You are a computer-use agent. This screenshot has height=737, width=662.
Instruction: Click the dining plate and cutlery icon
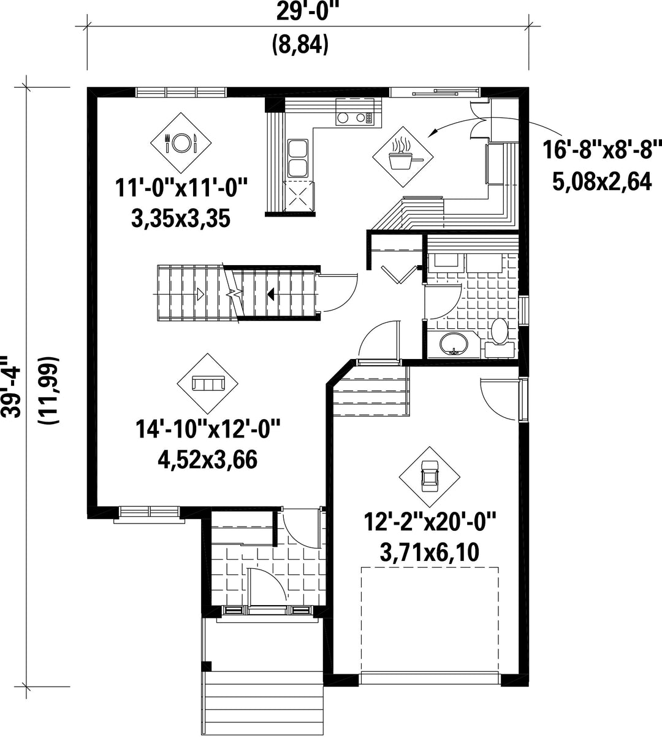point(181,142)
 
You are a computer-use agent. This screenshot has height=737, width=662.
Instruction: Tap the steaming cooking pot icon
point(403,153)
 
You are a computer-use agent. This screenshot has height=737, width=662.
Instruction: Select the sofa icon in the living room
point(207,383)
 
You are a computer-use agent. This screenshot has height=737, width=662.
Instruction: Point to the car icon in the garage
point(430,476)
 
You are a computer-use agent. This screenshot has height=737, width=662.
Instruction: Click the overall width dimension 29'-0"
point(307,13)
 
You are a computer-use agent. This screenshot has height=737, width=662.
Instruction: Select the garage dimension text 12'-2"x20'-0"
point(430,521)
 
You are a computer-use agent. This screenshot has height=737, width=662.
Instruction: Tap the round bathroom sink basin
point(454,345)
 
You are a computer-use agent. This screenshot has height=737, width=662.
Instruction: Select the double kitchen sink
point(298,158)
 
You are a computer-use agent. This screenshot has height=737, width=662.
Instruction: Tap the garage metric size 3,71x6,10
point(430,552)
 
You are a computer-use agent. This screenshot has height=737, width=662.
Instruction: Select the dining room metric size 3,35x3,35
point(181,218)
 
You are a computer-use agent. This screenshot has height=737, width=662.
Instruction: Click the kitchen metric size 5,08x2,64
point(602,182)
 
